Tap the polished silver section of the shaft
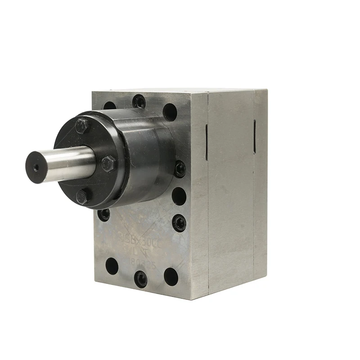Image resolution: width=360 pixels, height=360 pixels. (67, 163)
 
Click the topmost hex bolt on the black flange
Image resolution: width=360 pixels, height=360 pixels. (81, 126)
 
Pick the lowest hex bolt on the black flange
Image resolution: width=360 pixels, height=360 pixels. (82, 196)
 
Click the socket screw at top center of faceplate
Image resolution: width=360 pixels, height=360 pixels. (139, 102)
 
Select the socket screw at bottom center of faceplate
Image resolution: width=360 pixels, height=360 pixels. (141, 279)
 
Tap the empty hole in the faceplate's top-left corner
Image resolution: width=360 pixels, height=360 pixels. (109, 107)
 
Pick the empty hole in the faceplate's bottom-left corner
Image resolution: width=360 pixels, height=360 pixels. (111, 266)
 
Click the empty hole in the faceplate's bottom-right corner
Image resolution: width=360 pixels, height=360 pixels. (171, 276)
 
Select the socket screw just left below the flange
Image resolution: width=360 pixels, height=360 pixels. (104, 214)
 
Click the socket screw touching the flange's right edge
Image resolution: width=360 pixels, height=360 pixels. (180, 169)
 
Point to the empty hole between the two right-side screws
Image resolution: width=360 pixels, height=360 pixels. (179, 196)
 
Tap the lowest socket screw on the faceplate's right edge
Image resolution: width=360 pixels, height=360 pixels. (179, 222)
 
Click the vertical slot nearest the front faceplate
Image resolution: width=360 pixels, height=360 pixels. (206, 142)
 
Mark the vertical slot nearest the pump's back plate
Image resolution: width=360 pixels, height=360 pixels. (255, 136)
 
